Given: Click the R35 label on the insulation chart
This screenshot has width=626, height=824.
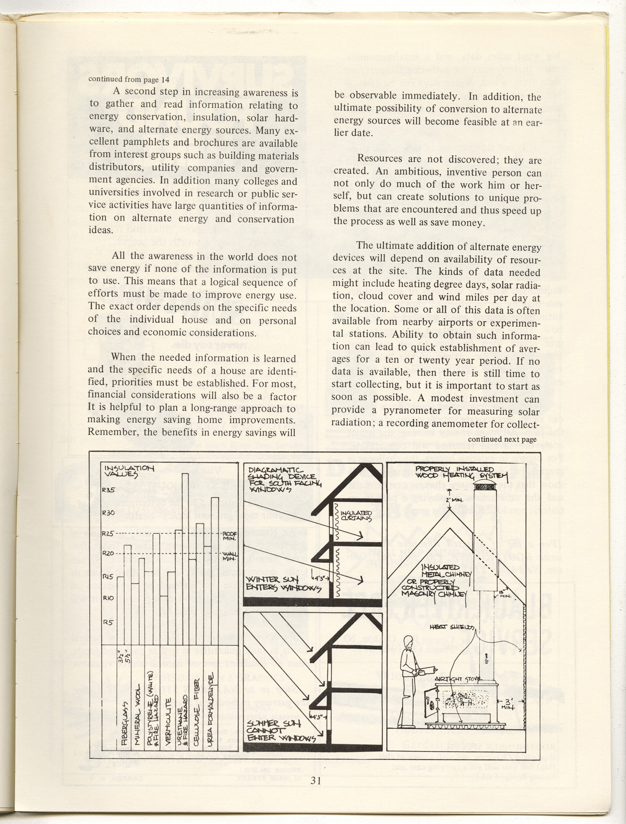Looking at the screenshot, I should [x=109, y=490].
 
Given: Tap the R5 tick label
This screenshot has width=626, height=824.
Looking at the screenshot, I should [x=107, y=622].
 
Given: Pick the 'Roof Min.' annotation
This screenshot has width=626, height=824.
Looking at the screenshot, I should [x=230, y=536].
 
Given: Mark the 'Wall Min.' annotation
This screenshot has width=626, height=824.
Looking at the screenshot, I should [x=230, y=556].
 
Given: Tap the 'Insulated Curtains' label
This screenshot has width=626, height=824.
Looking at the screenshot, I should [x=357, y=516].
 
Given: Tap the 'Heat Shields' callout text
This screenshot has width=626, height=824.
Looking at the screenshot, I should [x=452, y=627].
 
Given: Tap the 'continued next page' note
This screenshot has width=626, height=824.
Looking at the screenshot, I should [x=502, y=439].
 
